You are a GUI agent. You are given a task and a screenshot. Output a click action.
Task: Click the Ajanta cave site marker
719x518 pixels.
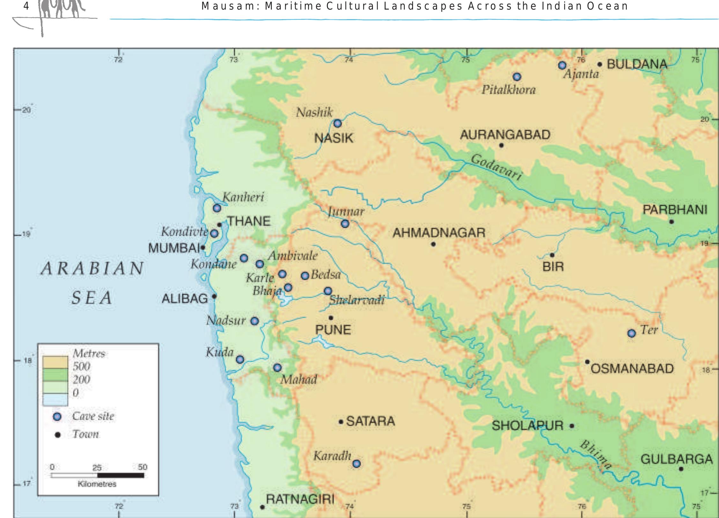562,65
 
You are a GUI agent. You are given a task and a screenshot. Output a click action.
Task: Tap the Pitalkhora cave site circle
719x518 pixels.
517,77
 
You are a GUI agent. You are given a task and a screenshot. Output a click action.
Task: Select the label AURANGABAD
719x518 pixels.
505,135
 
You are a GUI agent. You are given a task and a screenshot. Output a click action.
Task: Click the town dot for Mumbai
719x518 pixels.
203,247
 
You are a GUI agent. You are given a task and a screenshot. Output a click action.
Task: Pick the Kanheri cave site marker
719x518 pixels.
217,208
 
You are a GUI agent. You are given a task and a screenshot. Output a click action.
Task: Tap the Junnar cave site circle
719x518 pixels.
345,224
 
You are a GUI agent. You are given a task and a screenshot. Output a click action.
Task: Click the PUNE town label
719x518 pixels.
333,330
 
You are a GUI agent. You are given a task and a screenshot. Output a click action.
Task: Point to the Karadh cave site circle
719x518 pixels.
357,464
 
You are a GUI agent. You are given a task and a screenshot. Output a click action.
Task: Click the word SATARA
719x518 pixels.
371,421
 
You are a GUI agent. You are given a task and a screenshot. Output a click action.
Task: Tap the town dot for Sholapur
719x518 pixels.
572,426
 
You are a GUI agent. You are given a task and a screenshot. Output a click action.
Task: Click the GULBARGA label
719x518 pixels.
677,459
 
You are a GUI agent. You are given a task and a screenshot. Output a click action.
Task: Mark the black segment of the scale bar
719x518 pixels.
121,476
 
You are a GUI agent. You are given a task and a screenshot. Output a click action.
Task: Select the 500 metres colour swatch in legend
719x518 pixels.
55,363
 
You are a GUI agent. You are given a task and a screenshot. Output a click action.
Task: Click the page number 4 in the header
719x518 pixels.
26,6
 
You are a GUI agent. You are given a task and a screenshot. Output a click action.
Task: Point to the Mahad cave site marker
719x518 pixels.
278,368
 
